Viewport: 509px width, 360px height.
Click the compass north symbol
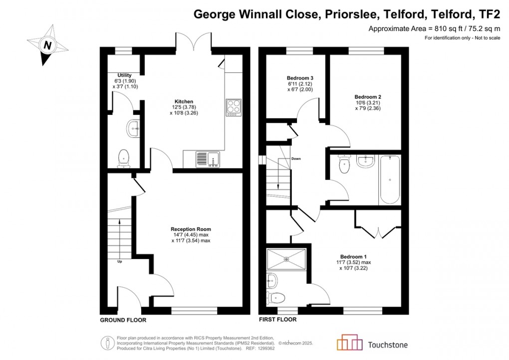(47, 45)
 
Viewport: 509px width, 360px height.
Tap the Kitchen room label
(184, 101)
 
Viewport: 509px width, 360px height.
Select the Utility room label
(125, 75)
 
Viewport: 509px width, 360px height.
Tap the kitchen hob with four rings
(234, 107)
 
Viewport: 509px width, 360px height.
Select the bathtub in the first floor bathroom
(389, 180)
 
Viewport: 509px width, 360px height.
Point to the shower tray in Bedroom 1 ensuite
(286, 259)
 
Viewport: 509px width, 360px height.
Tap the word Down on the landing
(296, 158)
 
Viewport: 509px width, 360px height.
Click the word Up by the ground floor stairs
(120, 261)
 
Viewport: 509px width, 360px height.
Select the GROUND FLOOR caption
(123, 320)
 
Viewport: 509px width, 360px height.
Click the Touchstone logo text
(387, 344)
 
